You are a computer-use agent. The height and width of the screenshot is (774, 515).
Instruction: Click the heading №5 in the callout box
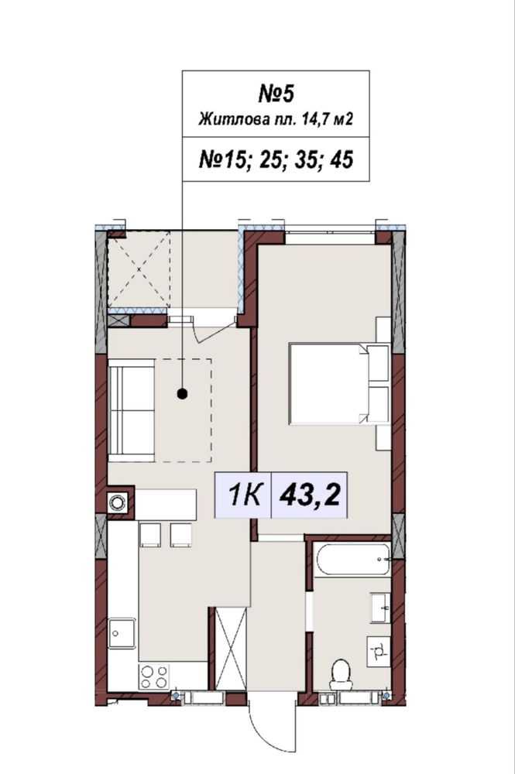(276, 94)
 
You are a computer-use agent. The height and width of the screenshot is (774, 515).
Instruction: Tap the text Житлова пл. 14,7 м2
(276, 119)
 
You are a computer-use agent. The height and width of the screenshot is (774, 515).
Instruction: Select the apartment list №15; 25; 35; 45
(276, 159)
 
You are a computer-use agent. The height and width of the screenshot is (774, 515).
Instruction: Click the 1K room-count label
(244, 495)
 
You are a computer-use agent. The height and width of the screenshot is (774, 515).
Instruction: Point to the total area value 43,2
(310, 495)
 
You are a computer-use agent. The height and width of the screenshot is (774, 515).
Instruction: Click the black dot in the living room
(182, 393)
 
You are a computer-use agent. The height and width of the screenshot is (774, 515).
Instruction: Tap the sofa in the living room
(132, 411)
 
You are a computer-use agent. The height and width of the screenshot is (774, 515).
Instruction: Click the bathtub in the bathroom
(352, 560)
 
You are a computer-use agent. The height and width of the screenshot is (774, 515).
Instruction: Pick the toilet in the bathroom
(340, 675)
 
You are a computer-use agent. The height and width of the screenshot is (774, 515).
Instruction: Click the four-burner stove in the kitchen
(153, 676)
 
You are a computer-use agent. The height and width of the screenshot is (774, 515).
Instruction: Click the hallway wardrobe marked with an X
(230, 649)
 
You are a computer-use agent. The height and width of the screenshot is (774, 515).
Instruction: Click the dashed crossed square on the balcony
(139, 270)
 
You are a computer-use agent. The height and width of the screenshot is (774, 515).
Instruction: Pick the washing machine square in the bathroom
(379, 651)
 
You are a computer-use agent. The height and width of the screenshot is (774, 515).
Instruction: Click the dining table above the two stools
(166, 504)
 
